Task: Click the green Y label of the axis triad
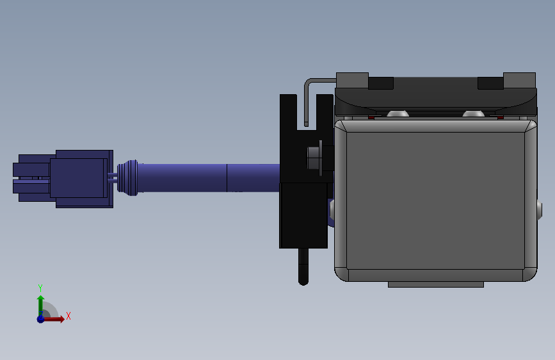(40, 288)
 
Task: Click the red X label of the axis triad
(68, 316)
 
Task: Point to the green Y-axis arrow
(40, 302)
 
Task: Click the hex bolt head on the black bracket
(314, 158)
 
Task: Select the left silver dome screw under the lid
(398, 114)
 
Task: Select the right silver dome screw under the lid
(473, 114)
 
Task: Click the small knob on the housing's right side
(539, 208)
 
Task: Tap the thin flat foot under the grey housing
(435, 284)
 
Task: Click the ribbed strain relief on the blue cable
(130, 177)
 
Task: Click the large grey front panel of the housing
(435, 199)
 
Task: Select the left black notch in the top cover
(381, 83)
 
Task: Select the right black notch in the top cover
(490, 83)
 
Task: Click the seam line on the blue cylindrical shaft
(227, 177)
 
